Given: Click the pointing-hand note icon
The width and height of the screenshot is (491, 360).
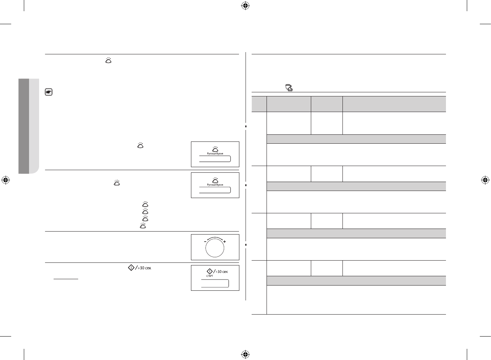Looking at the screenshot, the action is [x=48, y=92].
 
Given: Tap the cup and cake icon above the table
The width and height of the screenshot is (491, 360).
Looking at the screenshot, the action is [x=289, y=88].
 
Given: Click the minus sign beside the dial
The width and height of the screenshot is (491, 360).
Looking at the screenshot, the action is [x=205, y=242].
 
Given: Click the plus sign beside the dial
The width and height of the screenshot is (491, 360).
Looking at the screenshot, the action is [x=224, y=242].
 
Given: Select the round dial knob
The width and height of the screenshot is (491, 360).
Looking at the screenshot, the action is [x=215, y=248].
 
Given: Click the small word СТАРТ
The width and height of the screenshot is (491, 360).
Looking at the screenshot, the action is [x=210, y=276].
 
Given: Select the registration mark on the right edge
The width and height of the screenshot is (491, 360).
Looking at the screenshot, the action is [x=485, y=180].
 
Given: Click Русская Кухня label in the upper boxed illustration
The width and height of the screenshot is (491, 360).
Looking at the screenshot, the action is [x=215, y=153].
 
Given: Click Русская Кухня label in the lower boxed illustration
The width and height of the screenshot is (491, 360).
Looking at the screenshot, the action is [x=215, y=185].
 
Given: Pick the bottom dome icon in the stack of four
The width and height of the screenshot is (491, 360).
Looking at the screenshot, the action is [x=143, y=226].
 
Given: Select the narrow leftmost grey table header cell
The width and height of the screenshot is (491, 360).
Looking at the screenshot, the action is [x=259, y=104].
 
